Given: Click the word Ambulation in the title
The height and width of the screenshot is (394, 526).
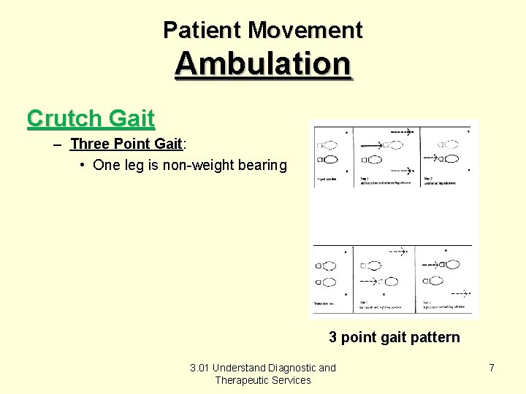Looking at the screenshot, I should point(263,63).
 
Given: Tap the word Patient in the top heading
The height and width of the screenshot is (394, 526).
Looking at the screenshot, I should point(202,30).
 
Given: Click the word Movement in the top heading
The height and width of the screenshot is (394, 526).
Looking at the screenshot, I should point(305,30).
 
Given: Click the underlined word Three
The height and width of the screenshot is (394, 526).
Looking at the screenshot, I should point(89,144).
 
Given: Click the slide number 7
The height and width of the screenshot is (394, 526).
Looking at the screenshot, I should point(492,368).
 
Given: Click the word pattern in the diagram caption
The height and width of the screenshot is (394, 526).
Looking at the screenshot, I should point(435,337).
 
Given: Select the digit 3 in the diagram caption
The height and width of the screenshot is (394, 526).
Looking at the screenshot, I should point(333,337).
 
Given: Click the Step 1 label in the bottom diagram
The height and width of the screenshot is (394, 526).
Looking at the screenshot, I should point(363,301).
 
